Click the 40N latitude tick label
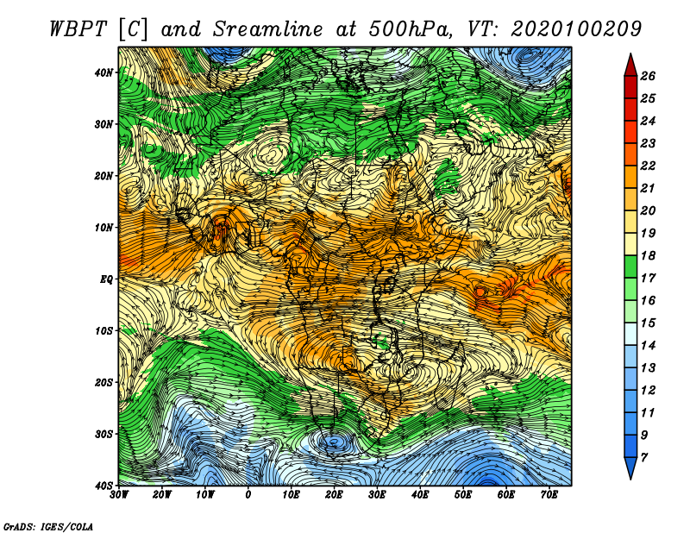103,72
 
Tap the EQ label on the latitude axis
106,279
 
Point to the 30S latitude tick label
103,434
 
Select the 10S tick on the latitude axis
103,330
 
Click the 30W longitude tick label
118,495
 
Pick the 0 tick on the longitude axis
248,495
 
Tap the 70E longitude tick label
549,495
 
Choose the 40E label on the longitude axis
420,495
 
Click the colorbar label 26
648,76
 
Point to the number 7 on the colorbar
644,458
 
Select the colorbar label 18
648,255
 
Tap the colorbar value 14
648,346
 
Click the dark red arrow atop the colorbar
630,66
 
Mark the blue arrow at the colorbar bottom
630,467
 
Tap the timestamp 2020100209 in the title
576,29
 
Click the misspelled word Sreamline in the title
268,29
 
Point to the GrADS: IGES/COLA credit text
48,527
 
